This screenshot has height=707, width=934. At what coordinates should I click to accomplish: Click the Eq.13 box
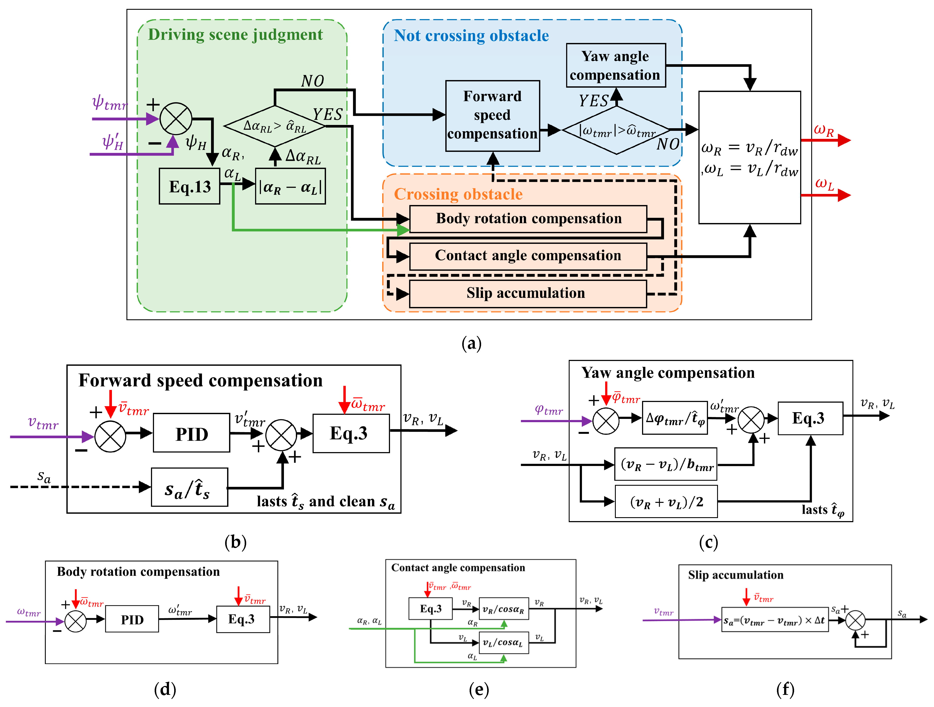pos(190,186)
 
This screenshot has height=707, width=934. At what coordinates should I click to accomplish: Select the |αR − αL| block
pos(290,186)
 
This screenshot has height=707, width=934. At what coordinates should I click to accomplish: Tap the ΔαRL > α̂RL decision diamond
pos(275,126)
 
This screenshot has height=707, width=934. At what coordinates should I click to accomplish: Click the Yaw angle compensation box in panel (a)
pos(616,66)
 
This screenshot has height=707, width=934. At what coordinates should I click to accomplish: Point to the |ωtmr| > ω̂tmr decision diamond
pos(616,130)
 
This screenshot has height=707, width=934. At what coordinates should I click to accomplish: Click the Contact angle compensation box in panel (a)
pos(528,256)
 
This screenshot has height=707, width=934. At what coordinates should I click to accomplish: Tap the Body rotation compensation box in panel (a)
pos(528,219)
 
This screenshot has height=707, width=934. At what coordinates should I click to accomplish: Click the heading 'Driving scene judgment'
pos(235,35)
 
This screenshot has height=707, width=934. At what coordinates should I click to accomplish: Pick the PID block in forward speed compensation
pos(192,433)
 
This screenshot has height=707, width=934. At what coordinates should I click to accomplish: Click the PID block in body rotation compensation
pos(132,619)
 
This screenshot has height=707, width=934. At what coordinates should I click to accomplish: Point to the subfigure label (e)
pos(479,689)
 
